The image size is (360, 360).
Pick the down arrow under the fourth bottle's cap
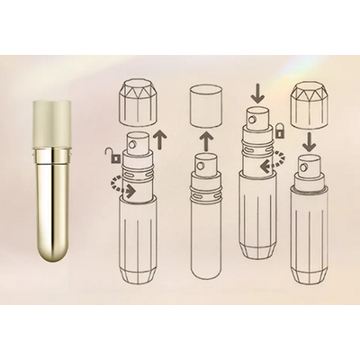308,141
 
